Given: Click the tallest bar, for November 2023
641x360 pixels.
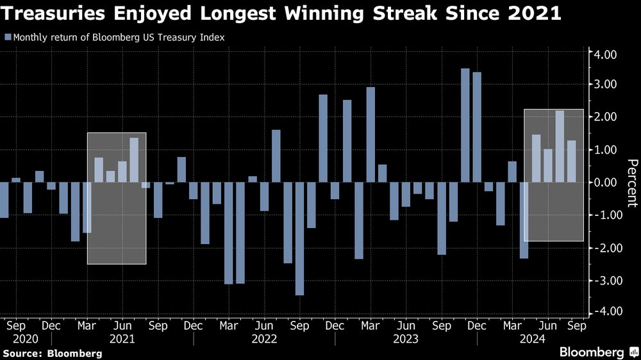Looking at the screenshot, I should click(x=465, y=125).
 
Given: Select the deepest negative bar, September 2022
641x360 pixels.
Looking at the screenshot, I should click(x=299, y=238).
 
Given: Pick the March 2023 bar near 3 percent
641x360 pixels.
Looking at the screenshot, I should click(x=370, y=135).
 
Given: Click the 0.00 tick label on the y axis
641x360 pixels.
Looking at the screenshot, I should click(x=605, y=183).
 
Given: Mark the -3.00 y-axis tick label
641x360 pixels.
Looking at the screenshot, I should click(x=604, y=281).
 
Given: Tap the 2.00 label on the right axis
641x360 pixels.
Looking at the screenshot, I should click(x=605, y=117).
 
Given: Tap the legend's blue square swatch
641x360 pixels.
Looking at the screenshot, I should click(x=7, y=37).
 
